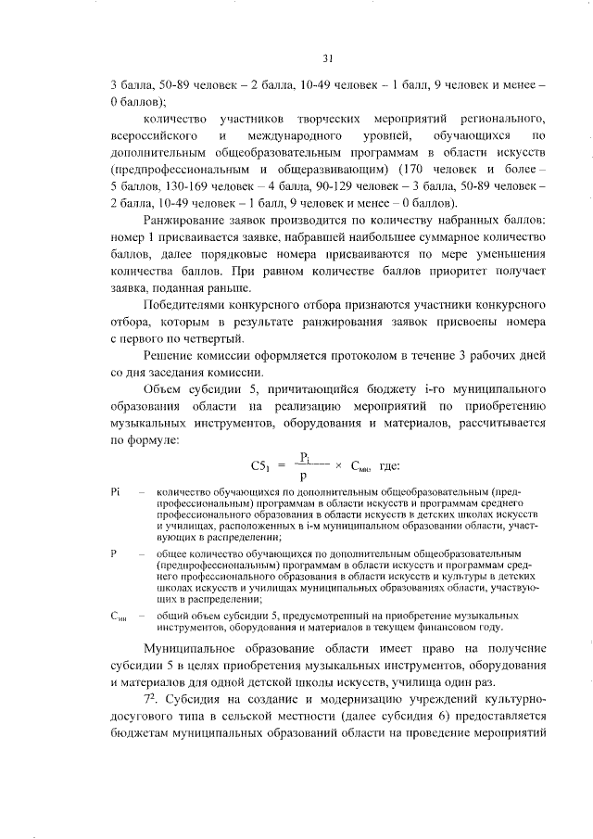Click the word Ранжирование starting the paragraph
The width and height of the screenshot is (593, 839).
[183, 219]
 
